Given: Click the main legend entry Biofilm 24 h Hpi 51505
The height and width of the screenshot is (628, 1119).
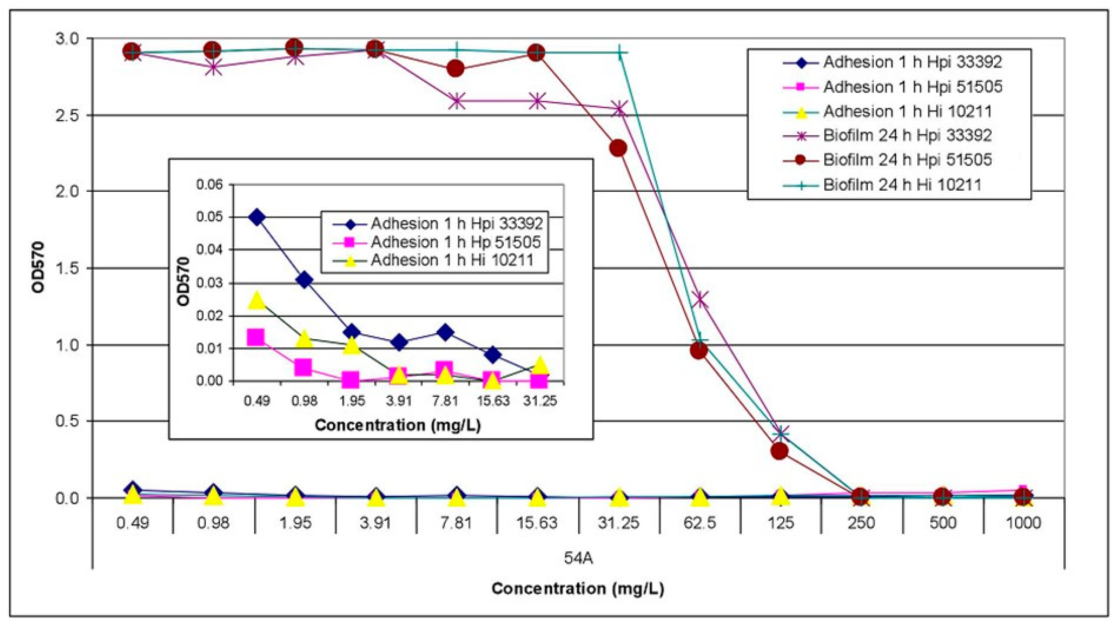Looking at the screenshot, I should [907, 160].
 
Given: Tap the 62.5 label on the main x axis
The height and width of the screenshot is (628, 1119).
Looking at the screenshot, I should [699, 522].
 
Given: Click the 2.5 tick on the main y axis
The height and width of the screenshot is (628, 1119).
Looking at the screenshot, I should [68, 115].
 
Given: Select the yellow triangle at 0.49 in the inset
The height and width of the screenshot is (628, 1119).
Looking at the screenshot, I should [257, 300].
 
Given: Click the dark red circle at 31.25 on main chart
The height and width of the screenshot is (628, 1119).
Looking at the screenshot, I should [618, 148].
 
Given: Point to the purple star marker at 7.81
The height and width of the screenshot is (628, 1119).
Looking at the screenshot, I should [456, 101].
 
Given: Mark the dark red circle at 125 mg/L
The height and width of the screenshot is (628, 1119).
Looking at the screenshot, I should [780, 451].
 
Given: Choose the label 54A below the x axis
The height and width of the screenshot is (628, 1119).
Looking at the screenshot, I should [578, 558].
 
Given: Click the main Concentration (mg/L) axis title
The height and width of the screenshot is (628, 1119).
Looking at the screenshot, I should [578, 588].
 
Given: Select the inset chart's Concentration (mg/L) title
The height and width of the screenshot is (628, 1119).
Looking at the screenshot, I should [397, 425].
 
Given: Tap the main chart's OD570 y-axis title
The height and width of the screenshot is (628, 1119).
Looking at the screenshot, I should [39, 268].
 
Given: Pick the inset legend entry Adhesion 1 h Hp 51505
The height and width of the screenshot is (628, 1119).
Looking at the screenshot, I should [455, 242].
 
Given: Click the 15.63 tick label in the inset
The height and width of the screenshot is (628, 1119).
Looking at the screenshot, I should [492, 400].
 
